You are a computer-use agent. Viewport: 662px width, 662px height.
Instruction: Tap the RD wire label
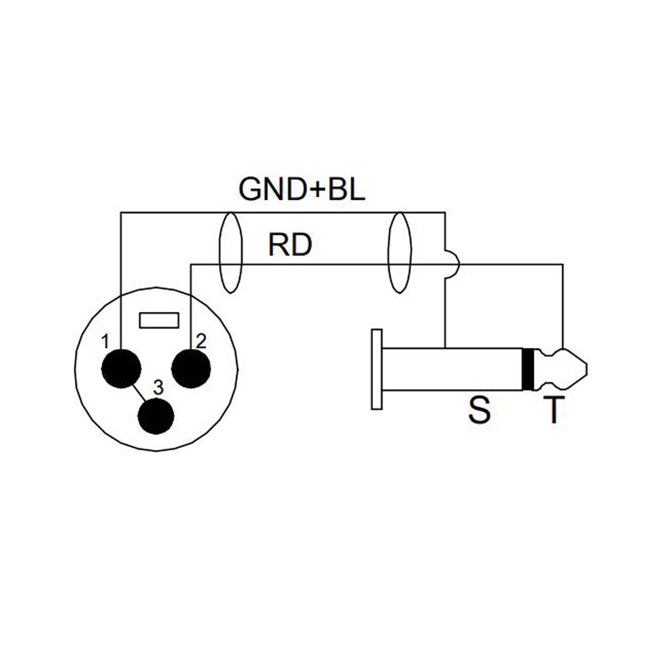click(290, 245)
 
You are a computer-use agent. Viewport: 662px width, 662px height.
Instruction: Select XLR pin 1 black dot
click(121, 368)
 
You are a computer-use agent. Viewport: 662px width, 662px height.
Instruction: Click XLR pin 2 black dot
click(191, 368)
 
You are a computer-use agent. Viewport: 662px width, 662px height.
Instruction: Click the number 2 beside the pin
click(201, 341)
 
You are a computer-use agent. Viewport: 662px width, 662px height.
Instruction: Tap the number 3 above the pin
click(158, 388)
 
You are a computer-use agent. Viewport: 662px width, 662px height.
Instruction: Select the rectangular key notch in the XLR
click(159, 320)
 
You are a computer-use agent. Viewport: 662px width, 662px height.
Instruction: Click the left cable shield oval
click(230, 253)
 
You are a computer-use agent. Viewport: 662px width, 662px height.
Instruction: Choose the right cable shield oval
click(399, 253)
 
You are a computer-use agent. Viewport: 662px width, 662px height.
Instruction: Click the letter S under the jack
click(479, 411)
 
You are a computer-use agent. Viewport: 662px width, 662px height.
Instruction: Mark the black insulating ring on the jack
click(528, 369)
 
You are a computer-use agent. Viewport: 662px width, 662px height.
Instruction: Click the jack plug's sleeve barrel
click(452, 369)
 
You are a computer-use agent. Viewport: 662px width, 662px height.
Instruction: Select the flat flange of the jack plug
click(377, 369)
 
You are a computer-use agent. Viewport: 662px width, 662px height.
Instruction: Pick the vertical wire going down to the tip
click(563, 308)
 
